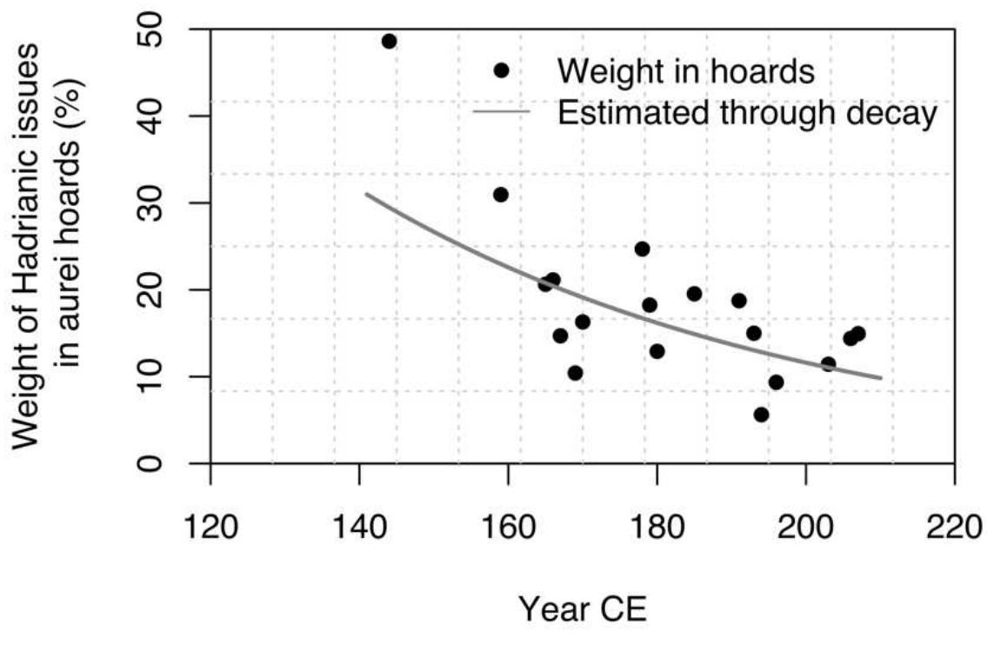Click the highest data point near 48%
[x=389, y=42]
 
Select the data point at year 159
[x=500, y=195]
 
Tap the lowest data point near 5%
[x=761, y=415]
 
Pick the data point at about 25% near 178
[x=642, y=249]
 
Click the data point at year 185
[x=694, y=294]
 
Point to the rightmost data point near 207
[x=857, y=334]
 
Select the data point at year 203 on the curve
[x=828, y=364]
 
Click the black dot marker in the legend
[x=501, y=71]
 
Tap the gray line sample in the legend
[x=501, y=112]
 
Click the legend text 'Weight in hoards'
[x=686, y=71]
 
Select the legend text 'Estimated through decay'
[x=747, y=113]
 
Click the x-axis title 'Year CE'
[x=583, y=609]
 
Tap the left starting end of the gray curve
[x=366, y=194]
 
